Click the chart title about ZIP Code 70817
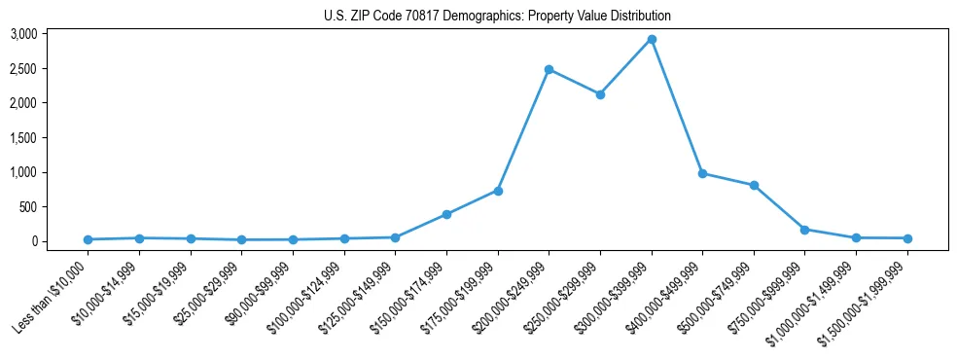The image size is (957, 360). (x=497, y=17)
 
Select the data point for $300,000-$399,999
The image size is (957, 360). (x=652, y=40)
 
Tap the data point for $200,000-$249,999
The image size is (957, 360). (x=549, y=69)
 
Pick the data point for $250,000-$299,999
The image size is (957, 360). (x=600, y=94)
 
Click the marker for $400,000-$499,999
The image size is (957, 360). (x=702, y=173)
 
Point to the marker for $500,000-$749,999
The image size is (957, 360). (x=754, y=185)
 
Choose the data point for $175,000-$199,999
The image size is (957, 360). (x=498, y=191)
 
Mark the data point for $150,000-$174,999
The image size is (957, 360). (x=446, y=214)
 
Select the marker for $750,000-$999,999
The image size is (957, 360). (x=805, y=230)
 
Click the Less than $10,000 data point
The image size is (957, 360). (x=89, y=239)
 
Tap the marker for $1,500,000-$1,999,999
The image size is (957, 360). (x=907, y=238)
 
